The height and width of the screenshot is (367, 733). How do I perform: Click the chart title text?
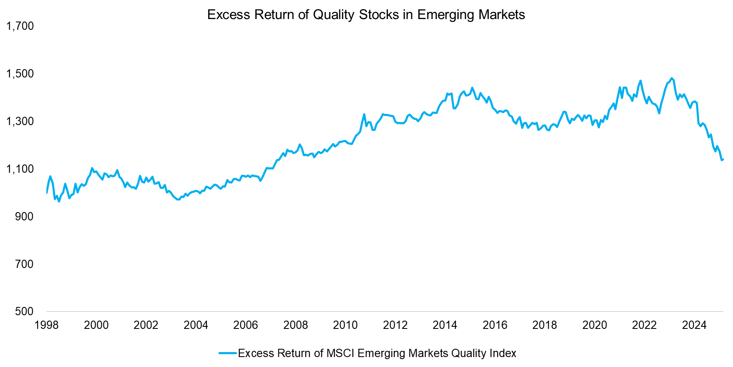point(366,14)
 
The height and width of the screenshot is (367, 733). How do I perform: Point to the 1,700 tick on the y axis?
point(20,26)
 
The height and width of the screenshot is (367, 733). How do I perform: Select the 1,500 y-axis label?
point(20,74)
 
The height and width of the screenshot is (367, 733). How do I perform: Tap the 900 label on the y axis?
point(24,217)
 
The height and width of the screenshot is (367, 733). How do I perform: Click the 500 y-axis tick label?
point(24,311)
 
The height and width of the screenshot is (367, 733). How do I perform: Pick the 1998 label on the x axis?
point(46,325)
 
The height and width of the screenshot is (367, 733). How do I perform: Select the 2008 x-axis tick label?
point(295,325)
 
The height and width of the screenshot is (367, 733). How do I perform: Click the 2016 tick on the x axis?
point(495,325)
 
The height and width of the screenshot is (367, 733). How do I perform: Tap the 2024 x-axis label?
point(694,325)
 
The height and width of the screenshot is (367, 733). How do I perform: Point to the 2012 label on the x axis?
point(395,325)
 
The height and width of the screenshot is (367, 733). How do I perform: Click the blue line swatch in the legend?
point(228,353)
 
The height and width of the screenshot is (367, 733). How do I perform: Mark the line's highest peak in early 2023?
point(671,78)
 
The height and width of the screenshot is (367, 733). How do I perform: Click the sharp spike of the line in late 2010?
point(364,114)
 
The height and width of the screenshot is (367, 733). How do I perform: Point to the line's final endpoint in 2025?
point(723,159)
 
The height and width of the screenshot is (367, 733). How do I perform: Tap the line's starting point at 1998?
point(47,193)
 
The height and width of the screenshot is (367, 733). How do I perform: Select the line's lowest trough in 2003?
point(178,200)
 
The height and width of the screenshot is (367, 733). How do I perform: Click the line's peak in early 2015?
point(472,88)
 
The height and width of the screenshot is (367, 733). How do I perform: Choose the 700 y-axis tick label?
point(24,264)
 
